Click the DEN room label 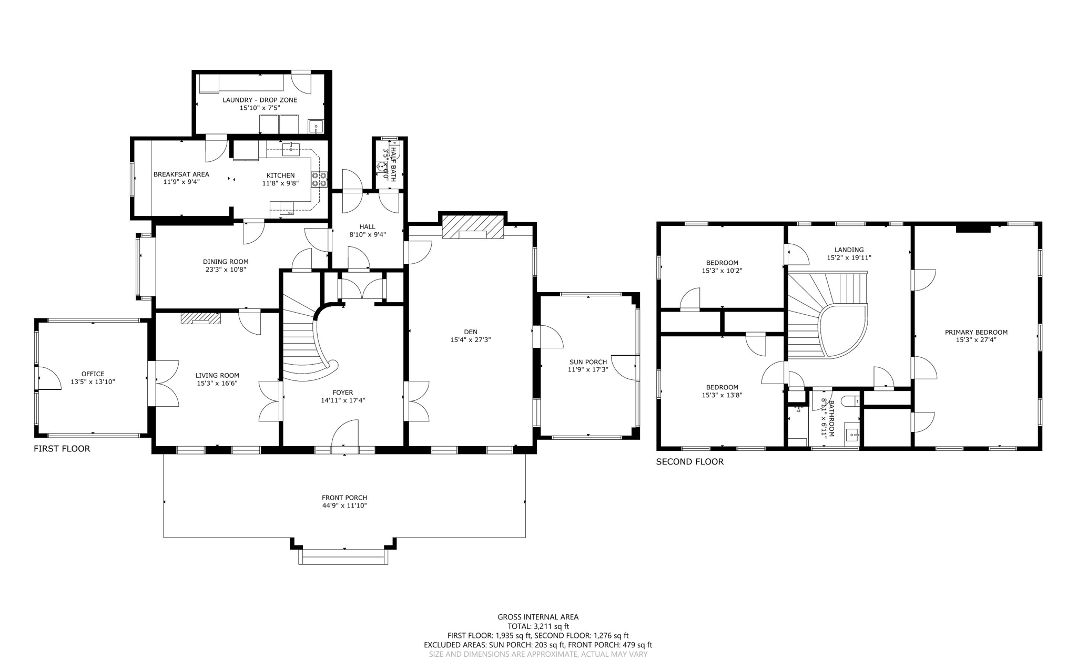coord(471,332)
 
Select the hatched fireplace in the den coord(473,226)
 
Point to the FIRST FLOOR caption coord(62,449)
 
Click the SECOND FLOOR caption coord(689,462)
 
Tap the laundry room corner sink coord(316,127)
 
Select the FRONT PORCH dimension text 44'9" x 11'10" coord(344,505)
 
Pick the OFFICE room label coord(93,374)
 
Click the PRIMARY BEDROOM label coord(976,332)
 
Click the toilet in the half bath coord(381,166)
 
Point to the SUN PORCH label coord(588,362)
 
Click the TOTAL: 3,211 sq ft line coord(538,626)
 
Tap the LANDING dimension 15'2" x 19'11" coord(849,258)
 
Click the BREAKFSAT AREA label coord(181,174)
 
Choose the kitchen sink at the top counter coord(290,149)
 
